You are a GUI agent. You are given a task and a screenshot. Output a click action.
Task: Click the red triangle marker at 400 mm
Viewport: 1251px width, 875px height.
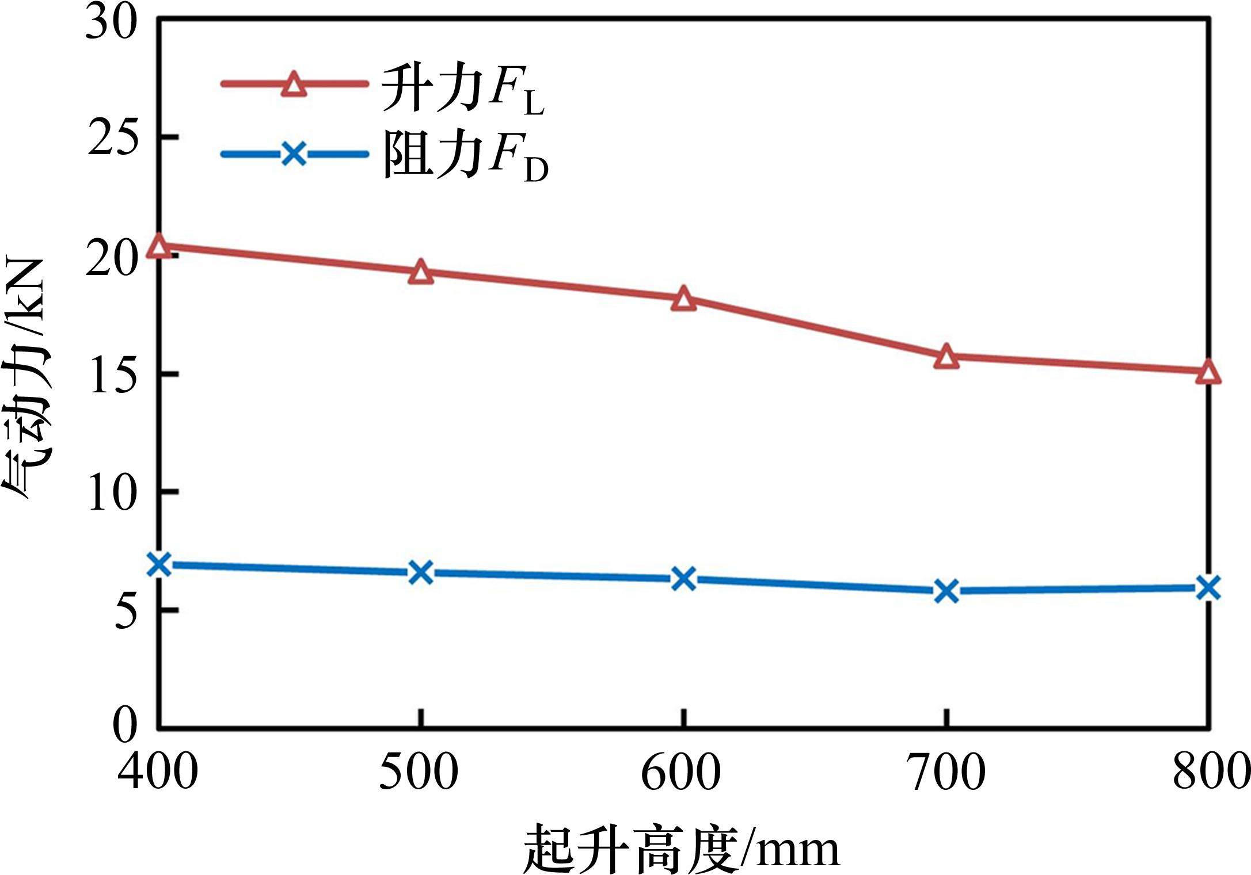pos(159,246)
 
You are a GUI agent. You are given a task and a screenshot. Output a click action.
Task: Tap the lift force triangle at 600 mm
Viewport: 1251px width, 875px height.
pos(683,298)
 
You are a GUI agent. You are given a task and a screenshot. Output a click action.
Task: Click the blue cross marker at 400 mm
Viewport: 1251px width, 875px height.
pos(159,565)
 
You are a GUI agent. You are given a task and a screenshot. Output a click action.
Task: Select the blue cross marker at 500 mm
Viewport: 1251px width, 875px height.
pos(421,572)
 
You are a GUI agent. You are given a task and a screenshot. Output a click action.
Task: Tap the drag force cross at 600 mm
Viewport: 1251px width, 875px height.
pos(683,578)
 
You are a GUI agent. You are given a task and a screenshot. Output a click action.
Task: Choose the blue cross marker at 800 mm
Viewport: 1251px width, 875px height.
pos(1208,588)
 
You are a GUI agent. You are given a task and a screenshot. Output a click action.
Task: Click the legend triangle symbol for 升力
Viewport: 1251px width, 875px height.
pos(294,85)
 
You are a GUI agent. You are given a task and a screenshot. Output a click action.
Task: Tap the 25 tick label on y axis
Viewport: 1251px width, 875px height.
pos(112,138)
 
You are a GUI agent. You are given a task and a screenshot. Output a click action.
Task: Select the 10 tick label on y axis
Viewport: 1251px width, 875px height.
pos(112,492)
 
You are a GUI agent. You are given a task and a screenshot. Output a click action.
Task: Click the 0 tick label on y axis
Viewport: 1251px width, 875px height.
pos(124,726)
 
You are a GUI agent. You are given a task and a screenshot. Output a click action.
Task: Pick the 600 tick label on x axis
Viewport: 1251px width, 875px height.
pos(681,773)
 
